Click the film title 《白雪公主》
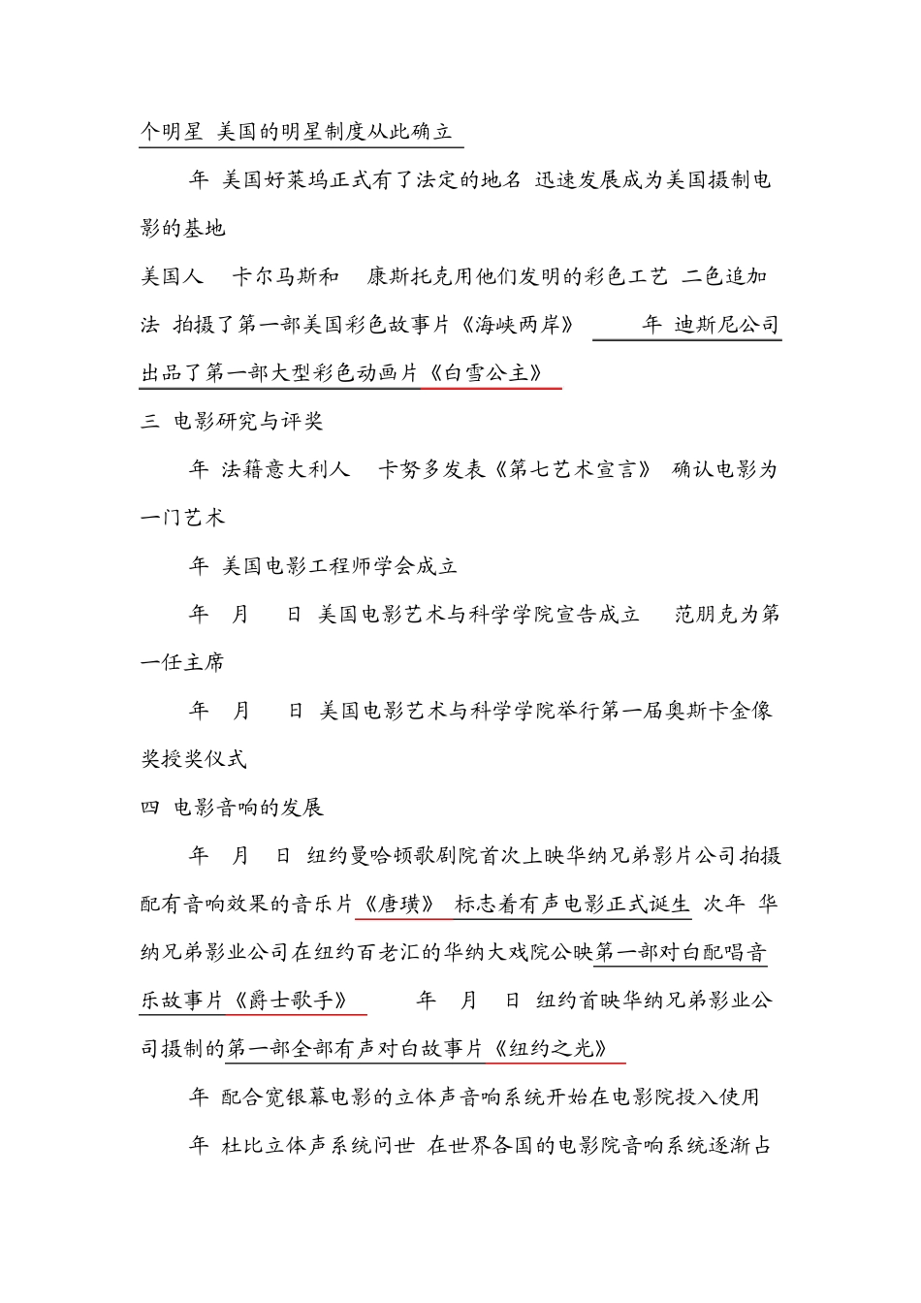tap(492, 373)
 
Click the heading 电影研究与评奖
tap(248, 422)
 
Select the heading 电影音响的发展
tap(248, 808)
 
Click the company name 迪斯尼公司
tap(727, 325)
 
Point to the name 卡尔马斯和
tap(286, 277)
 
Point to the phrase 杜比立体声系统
tap(306, 1146)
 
